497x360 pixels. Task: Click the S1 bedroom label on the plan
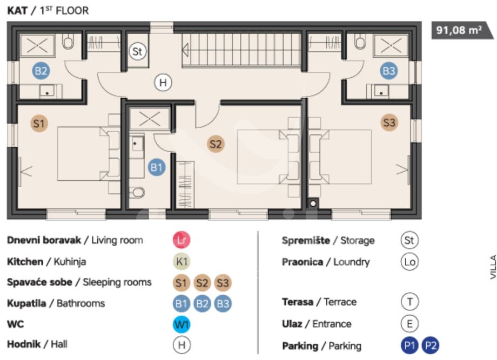tap(39, 124)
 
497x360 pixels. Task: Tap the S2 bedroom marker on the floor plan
tap(216, 144)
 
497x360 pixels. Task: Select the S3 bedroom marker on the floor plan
tap(389, 123)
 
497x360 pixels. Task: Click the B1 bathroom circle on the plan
tap(157, 167)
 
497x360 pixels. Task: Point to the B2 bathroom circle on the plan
tap(41, 71)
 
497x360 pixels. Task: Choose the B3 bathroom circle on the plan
tap(389, 71)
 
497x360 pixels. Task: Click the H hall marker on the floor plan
tap(163, 83)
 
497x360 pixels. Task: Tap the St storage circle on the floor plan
tap(138, 51)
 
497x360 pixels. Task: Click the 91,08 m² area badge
tap(461, 30)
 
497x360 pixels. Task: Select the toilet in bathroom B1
tap(137, 192)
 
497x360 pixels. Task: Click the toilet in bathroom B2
tap(68, 42)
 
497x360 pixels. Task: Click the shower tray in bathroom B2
tap(37, 45)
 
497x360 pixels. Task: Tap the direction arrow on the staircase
tap(185, 50)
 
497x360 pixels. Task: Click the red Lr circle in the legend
tap(182, 240)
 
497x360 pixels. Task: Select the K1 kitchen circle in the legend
tap(182, 262)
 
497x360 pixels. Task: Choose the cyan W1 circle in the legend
tap(182, 324)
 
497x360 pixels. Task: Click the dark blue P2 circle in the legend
tap(431, 345)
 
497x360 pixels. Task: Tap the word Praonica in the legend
tap(303, 262)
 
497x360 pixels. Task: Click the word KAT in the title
tap(17, 10)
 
